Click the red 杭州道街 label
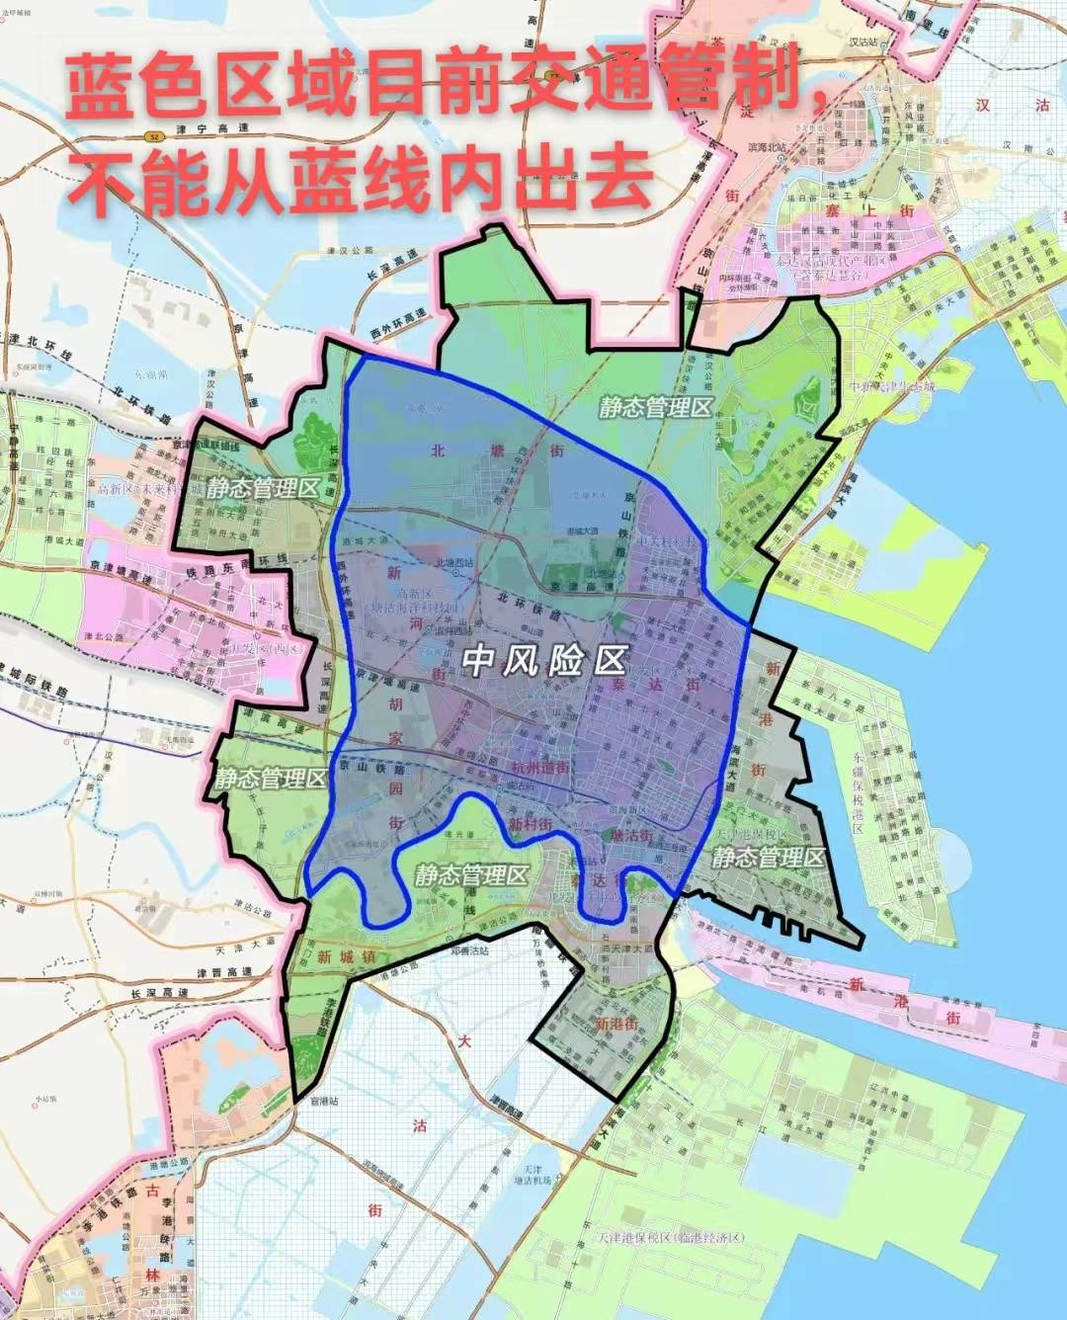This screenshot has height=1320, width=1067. (x=539, y=768)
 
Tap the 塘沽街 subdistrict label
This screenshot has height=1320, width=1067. (x=632, y=835)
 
